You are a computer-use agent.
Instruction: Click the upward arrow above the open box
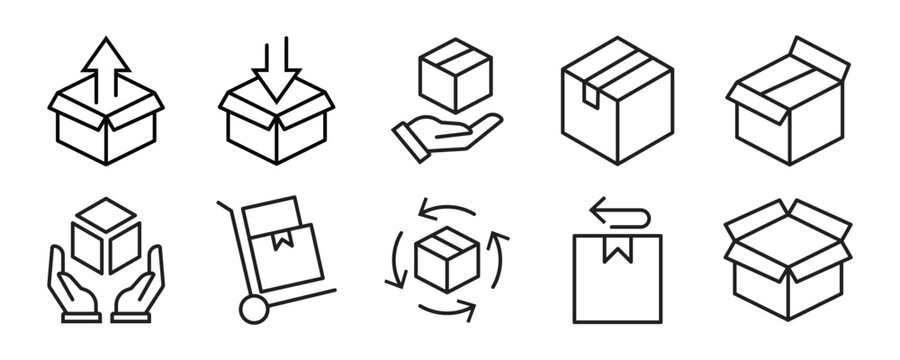[106, 66]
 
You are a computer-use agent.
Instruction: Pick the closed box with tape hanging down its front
[617, 100]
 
